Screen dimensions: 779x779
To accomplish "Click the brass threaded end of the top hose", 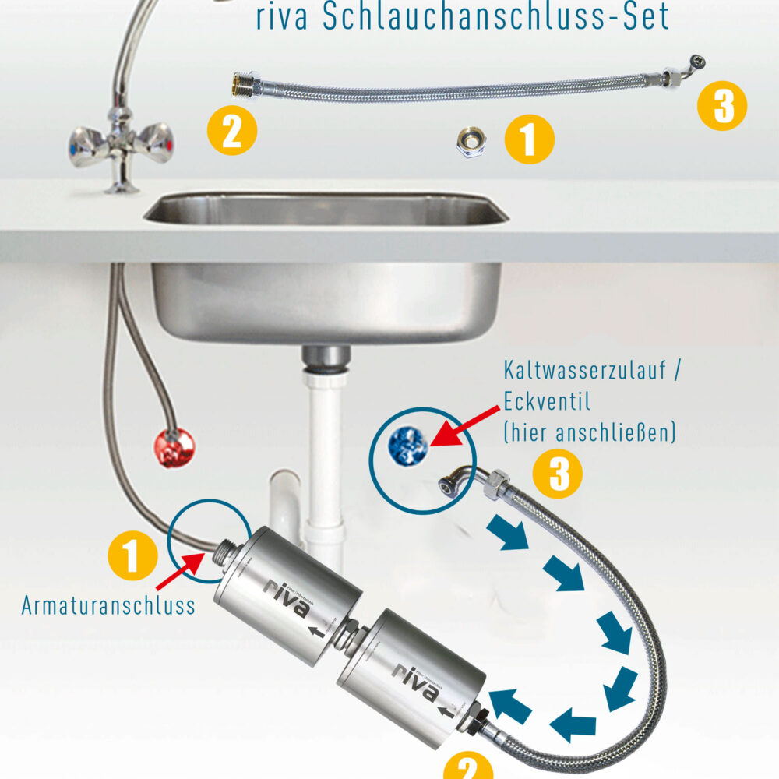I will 245,83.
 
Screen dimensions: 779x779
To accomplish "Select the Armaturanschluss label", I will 109,606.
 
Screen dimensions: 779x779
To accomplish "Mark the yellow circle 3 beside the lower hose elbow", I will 557,474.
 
